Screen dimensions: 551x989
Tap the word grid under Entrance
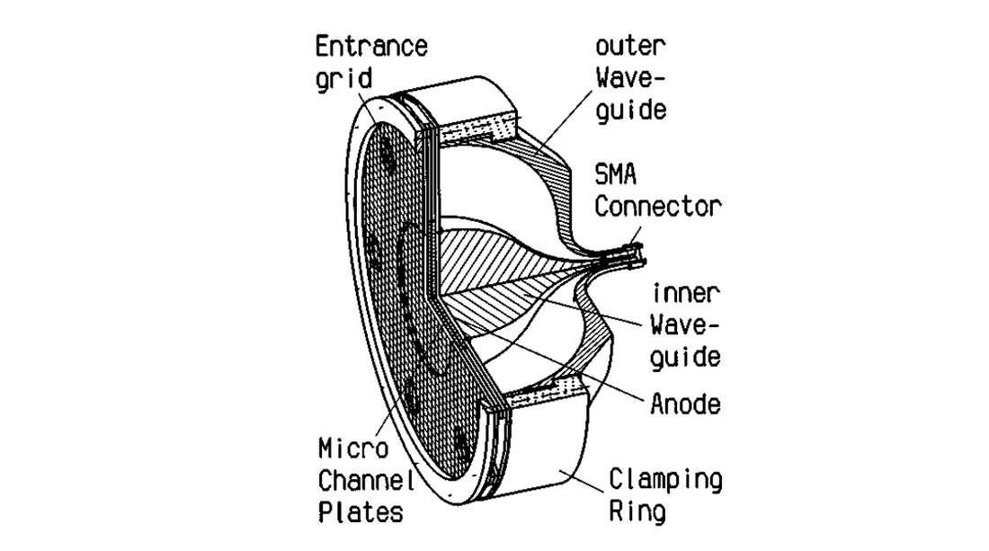pyautogui.click(x=343, y=78)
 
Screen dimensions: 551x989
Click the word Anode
pyautogui.click(x=685, y=404)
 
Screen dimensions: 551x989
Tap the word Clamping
pyautogui.click(x=666, y=479)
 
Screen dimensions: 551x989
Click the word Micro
pyautogui.click(x=353, y=449)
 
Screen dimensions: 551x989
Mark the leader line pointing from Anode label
pyautogui.click(x=593, y=369)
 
